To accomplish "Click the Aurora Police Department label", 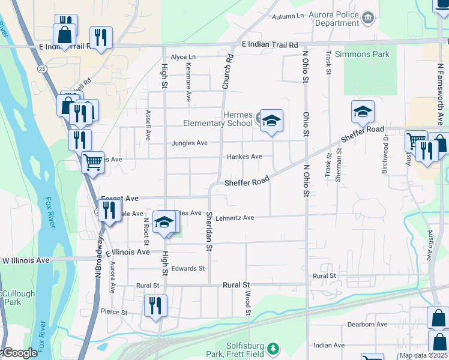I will tap(333, 19).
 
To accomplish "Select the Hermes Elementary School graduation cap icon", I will tap(271, 121).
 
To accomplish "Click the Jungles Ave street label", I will tap(190, 143).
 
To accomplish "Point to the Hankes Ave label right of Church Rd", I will tap(244, 157).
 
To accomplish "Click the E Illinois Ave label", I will tap(128, 253).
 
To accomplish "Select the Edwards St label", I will tap(188, 268).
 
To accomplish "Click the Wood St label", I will tap(247, 303).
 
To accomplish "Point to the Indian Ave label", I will tap(329, 346).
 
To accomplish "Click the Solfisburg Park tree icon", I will tap(273, 348).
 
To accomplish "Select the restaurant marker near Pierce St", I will tap(155, 306).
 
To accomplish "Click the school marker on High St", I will tap(163, 222).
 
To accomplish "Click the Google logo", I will tap(19, 353).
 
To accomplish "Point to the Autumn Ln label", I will tap(288, 16).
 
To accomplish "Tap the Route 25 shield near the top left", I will tap(41, 69).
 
